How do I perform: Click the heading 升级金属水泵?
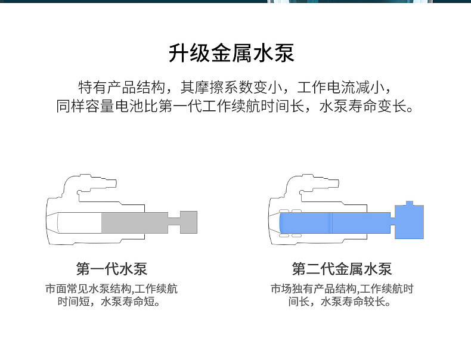click(x=231, y=54)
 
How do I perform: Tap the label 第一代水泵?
click(x=111, y=269)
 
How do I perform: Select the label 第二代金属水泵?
click(x=342, y=269)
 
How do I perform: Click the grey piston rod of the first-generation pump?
click(x=135, y=222)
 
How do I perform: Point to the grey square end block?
click(x=188, y=222)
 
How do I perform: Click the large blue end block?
click(x=409, y=222)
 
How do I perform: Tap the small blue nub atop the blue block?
click(x=410, y=203)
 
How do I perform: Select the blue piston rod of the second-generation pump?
click(x=335, y=223)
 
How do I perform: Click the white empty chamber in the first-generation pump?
click(x=79, y=222)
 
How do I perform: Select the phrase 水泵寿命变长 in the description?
click(x=363, y=106)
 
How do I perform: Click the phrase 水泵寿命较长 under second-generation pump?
click(x=353, y=301)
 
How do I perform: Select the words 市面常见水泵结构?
click(x=88, y=288)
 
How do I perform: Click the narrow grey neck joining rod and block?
click(x=174, y=222)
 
